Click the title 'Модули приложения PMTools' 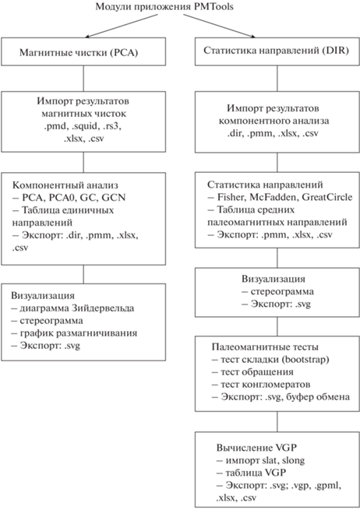(x=164, y=6)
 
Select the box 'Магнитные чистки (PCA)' (x=83, y=51)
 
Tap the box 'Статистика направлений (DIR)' (x=277, y=51)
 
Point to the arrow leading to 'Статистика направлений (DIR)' (x=219, y=26)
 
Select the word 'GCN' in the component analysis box (x=114, y=197)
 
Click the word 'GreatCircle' (x=327, y=197)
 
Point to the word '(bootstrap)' (x=304, y=360)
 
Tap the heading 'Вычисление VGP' (x=256, y=448)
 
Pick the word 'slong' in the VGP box (x=293, y=460)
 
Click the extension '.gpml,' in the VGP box (x=328, y=486)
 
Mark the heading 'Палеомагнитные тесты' (x=265, y=346)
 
